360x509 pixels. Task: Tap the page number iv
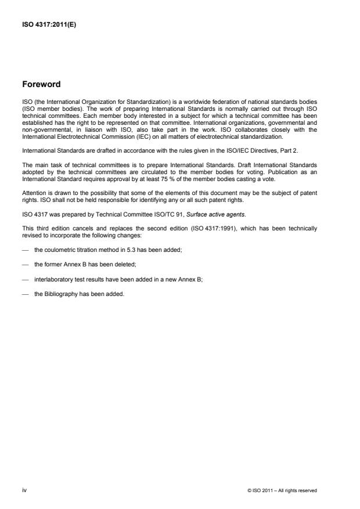coord(24,490)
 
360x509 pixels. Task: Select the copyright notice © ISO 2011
coord(282,490)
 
